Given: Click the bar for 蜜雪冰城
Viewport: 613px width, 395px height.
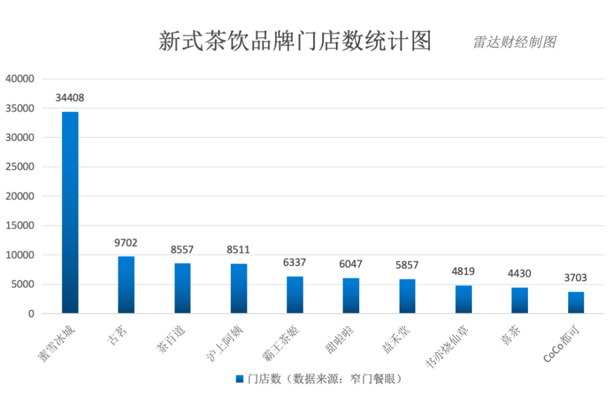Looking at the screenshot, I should tap(70, 213).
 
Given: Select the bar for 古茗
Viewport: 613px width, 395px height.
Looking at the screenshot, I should tap(126, 285).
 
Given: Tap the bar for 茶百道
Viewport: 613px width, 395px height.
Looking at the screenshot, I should tap(182, 288).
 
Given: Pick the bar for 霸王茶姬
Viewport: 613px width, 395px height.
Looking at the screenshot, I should tap(295, 295).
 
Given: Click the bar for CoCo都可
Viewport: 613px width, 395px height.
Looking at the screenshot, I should tap(576, 302).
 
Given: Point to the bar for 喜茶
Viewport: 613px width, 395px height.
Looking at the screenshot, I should tap(519, 300).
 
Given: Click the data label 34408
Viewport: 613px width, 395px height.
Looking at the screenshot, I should tap(70, 98).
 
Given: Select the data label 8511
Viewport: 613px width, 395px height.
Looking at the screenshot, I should tap(238, 250).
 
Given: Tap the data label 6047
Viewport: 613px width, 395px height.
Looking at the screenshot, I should tap(351, 264).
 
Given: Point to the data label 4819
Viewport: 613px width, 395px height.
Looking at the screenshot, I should tap(463, 271).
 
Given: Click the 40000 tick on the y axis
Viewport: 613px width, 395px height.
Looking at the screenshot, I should tap(20, 79).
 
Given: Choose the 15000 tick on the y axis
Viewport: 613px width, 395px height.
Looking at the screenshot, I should tap(20, 225).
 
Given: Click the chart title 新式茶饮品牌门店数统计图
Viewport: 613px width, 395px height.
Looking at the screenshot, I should tap(295, 41).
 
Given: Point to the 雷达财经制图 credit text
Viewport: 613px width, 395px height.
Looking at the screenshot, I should tap(514, 42).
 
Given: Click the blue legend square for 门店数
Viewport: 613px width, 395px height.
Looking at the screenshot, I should tap(240, 379).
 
